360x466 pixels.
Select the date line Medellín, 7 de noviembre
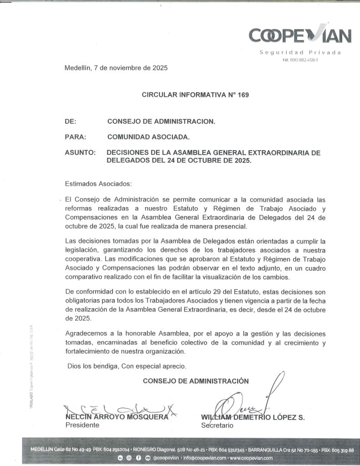coord(116,68)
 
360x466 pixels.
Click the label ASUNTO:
coord(80,153)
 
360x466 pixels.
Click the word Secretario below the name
coord(217,425)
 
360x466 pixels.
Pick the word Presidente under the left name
coord(82,425)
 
